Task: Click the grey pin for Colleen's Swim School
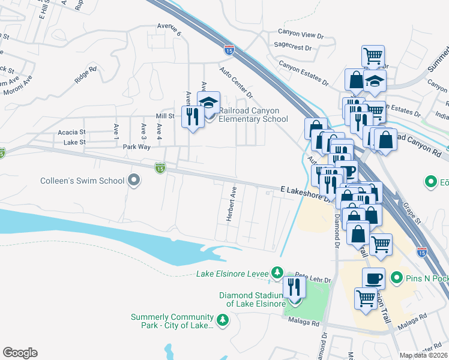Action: (134, 180)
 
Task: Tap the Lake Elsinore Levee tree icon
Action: (277, 274)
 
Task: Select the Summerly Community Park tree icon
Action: (223, 320)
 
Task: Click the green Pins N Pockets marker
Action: (396, 278)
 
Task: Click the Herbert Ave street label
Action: (229, 204)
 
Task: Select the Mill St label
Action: (164, 116)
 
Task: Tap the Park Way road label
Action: (136, 146)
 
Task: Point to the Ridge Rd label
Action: (85, 76)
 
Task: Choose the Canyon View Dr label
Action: (301, 33)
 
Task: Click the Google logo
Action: (20, 353)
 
